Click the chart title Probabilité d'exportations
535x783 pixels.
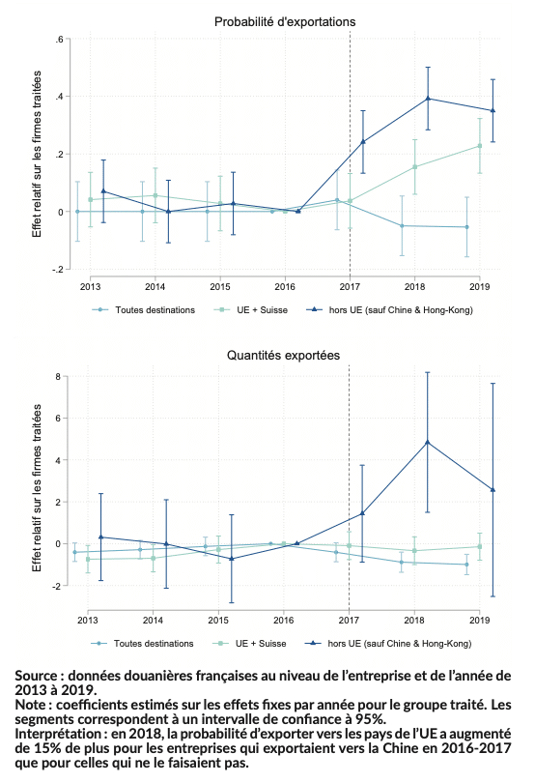(285, 22)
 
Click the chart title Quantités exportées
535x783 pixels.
(283, 355)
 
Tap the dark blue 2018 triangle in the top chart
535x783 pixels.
(428, 99)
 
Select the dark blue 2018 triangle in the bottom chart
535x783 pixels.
(427, 442)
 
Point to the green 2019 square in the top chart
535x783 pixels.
(480, 146)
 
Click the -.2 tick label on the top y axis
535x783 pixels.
(57, 270)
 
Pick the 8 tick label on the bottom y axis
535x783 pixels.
(58, 377)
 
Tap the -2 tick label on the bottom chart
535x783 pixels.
(56, 586)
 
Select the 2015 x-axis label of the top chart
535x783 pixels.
(220, 287)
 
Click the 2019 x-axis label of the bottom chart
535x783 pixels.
(480, 621)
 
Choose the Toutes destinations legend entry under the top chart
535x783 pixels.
(144, 310)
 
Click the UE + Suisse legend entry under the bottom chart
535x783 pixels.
(249, 644)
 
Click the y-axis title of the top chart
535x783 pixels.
(37, 154)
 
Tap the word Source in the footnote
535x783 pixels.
(37, 676)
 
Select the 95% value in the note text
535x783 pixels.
(370, 719)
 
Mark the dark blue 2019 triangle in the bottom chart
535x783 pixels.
(493, 490)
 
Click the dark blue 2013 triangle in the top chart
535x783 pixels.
(103, 191)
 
